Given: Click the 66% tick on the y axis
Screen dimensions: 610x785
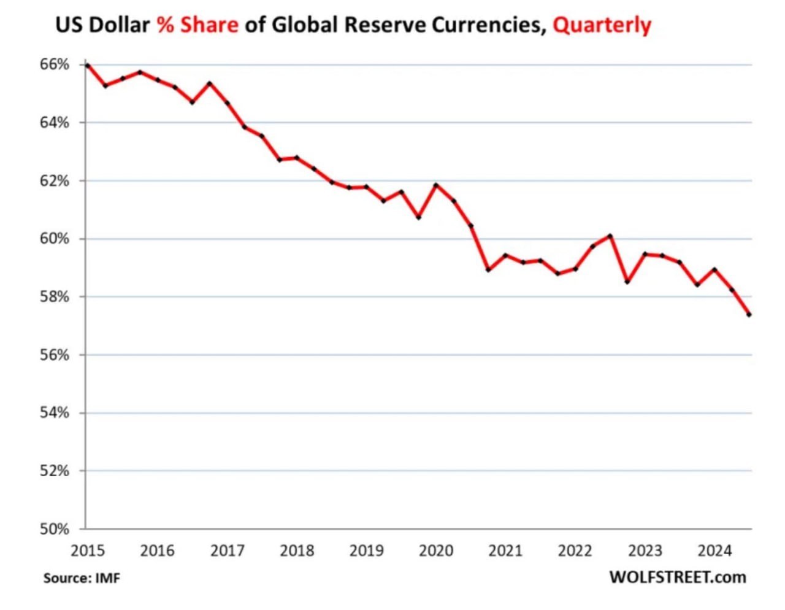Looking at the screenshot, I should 55,64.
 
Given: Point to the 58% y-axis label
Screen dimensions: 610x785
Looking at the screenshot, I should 55,297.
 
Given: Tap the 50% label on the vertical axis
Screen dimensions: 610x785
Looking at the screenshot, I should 55,529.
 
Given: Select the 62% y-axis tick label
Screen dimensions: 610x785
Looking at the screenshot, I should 55,181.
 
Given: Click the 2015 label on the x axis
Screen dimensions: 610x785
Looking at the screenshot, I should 88,550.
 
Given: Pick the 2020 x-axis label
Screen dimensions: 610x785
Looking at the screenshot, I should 436,550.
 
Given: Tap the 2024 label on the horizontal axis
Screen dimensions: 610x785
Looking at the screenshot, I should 714,550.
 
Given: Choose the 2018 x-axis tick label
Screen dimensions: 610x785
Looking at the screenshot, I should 297,550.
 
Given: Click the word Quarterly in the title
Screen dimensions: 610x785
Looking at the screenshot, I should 602,25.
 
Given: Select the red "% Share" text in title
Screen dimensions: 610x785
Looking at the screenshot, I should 197,25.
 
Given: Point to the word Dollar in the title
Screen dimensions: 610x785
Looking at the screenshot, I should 121,25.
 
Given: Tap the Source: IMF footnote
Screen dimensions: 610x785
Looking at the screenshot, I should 82,578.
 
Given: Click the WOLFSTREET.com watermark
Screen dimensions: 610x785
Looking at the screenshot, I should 678,577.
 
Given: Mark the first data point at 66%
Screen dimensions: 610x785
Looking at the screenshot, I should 88,65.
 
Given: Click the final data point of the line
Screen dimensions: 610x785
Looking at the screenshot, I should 749,315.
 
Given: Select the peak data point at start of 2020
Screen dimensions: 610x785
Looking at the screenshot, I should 436,185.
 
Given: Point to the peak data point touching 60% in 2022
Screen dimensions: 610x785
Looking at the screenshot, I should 610,236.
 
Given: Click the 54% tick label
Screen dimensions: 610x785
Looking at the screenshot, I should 55,413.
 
